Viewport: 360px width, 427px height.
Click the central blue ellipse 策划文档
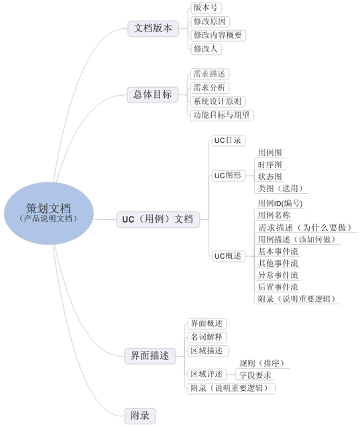click(49, 213)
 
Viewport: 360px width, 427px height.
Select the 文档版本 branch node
click(154, 28)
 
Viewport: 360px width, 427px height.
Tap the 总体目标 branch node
click(153, 95)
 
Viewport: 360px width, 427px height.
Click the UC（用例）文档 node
click(158, 219)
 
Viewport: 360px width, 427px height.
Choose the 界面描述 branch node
click(150, 356)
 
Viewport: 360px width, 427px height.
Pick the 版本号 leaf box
click(206, 7)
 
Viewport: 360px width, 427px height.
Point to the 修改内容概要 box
click(218, 36)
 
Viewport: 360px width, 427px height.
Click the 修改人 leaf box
click(206, 49)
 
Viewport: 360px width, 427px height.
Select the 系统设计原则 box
click(218, 102)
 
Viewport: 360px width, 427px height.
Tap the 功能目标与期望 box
click(222, 115)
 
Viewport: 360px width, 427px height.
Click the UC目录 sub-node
click(228, 141)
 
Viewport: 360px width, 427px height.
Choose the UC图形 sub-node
click(228, 176)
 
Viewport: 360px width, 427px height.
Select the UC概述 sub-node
click(228, 256)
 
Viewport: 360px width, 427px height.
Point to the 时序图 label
click(270, 165)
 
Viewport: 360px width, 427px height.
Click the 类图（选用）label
click(281, 188)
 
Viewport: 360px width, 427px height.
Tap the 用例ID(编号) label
click(280, 203)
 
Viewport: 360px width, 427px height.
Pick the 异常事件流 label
click(278, 276)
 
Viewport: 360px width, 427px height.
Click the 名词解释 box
click(206, 337)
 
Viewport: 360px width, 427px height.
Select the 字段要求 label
click(255, 375)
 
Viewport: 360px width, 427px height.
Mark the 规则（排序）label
click(262, 363)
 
